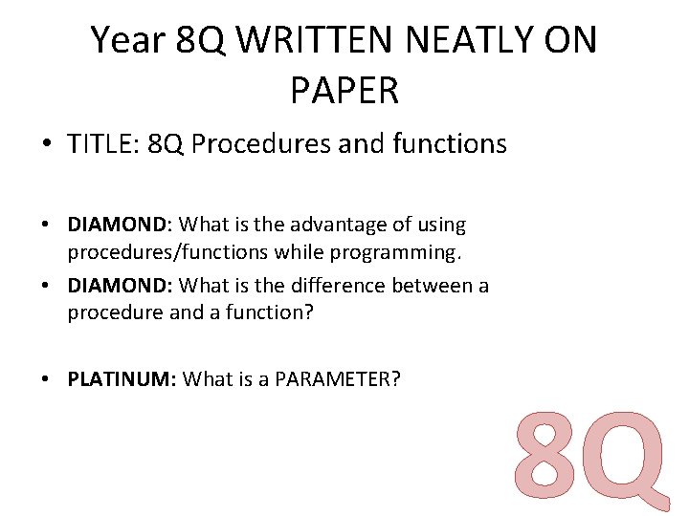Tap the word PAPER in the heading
coord(344,91)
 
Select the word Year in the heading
coord(125,41)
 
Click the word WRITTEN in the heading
coord(307,41)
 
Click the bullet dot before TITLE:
coord(46,145)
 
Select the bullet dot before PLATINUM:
coord(46,379)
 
